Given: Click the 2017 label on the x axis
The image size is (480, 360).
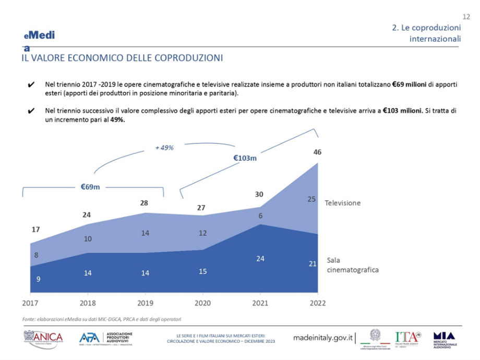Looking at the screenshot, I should click(x=30, y=303).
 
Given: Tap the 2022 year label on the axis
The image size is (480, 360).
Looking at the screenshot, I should click(x=317, y=303).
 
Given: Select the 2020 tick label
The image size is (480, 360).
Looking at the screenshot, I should click(x=202, y=303).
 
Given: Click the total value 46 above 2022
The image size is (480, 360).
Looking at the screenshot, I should click(x=317, y=152).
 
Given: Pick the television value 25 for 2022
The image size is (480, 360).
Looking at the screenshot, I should click(x=312, y=199).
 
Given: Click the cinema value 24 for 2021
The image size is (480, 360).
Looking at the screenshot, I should click(x=260, y=258).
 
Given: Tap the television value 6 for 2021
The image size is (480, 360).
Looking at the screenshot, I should click(x=260, y=215).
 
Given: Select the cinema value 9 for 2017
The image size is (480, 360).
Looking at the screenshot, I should click(x=38, y=279).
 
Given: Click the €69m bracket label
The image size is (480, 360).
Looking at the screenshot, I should click(x=90, y=186).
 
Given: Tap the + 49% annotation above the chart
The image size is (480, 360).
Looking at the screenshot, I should click(x=164, y=148).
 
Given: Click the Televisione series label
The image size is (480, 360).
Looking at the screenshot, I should click(x=343, y=202).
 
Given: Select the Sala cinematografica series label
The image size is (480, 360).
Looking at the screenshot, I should click(x=352, y=265).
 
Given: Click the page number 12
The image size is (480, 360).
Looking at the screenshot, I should click(x=466, y=16).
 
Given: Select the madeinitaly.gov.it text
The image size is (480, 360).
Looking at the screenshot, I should click(x=323, y=338).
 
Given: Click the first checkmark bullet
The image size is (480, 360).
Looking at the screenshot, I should click(x=31, y=84).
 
